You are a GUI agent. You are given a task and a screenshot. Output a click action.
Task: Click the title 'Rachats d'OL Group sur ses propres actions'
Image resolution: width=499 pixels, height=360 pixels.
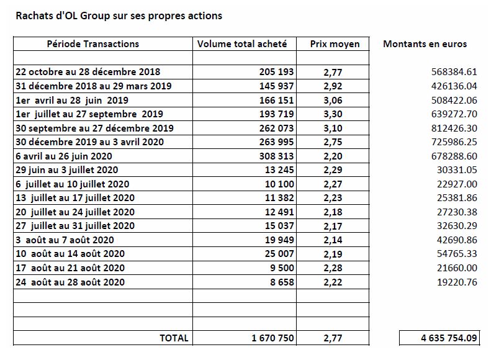pyautogui.click(x=119, y=16)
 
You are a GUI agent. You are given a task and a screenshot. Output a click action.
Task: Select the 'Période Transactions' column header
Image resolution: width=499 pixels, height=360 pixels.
pyautogui.click(x=93, y=43)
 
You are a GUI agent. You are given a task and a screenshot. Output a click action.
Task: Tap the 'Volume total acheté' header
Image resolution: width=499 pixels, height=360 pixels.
pyautogui.click(x=242, y=43)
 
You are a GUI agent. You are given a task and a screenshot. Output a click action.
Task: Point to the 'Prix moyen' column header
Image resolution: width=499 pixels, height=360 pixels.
pyautogui.click(x=335, y=44)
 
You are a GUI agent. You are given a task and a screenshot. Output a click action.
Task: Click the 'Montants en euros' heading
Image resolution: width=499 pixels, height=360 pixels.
pyautogui.click(x=425, y=43)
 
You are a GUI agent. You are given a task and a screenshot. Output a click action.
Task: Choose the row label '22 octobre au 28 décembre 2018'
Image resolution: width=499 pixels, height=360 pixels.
pyautogui.click(x=88, y=71)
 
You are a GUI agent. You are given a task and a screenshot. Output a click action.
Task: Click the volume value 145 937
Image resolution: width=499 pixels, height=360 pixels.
pyautogui.click(x=276, y=86)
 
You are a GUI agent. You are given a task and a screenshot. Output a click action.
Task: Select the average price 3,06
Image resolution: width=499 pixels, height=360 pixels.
pyautogui.click(x=333, y=101)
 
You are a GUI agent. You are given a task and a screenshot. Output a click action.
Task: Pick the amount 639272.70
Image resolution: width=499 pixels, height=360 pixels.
pyautogui.click(x=454, y=114)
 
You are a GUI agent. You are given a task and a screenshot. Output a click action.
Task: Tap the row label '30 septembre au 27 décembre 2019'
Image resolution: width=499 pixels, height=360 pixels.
pyautogui.click(x=94, y=128)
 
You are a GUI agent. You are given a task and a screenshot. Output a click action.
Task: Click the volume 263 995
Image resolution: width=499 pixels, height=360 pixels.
pyautogui.click(x=276, y=142)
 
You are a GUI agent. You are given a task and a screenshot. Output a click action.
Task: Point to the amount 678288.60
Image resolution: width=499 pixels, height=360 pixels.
pyautogui.click(x=454, y=156)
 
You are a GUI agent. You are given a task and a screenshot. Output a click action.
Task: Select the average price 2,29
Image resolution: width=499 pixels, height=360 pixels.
pyautogui.click(x=333, y=170)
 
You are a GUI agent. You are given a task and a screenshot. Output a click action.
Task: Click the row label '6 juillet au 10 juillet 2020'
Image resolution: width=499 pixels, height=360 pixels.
pyautogui.click(x=73, y=184)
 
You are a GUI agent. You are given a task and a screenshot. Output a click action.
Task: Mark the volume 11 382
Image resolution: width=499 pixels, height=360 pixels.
pyautogui.click(x=279, y=197)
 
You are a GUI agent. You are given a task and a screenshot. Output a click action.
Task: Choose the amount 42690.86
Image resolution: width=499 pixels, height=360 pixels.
pyautogui.click(x=457, y=240)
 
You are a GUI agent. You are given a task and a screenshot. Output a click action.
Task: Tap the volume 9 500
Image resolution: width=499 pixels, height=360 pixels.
pyautogui.click(x=282, y=268)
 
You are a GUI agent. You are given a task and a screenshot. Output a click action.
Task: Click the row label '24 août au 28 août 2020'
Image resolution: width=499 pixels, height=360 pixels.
pyautogui.click(x=70, y=282)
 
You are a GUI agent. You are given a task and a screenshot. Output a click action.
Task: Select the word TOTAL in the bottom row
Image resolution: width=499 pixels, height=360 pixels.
pyautogui.click(x=174, y=338)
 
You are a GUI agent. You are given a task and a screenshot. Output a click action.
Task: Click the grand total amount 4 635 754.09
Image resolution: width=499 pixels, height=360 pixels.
pyautogui.click(x=449, y=338)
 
